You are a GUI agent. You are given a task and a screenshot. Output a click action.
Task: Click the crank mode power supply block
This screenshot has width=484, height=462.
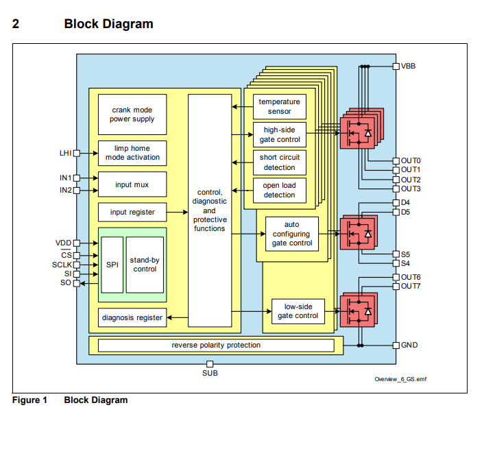coord(132,114)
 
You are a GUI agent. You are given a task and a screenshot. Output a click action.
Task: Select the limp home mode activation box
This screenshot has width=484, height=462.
coord(132,153)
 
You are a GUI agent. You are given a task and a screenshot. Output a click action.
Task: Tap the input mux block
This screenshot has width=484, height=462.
coord(132,184)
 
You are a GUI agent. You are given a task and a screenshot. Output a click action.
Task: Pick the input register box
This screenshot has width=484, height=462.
coord(132,212)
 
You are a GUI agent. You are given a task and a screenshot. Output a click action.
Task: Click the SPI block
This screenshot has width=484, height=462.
coord(112,265)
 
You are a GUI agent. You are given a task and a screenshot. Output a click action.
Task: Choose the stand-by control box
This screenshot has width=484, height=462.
coord(145,265)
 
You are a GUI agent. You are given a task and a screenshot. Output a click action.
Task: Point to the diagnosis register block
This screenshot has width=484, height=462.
coord(132,317)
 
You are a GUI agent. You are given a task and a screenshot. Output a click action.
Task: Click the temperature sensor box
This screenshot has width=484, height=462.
coord(279,107)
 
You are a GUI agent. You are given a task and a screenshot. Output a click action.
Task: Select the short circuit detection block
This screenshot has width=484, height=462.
coord(279,162)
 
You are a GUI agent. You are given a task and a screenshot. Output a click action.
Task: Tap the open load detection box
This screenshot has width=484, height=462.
coord(279,191)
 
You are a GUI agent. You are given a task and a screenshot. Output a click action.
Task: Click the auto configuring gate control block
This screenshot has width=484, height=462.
coord(291,234)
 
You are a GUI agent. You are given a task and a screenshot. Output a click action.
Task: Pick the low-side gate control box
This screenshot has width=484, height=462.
coord(297,311)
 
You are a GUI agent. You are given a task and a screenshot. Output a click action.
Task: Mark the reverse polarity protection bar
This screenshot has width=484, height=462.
coord(216,345)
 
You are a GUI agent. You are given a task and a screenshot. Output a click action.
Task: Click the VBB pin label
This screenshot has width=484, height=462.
coord(409,66)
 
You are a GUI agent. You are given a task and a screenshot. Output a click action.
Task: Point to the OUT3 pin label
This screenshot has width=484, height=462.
coord(411,189)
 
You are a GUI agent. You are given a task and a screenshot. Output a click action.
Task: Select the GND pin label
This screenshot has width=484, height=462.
coord(409,345)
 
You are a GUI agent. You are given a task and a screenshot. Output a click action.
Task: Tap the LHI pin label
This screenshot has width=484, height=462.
coord(66,153)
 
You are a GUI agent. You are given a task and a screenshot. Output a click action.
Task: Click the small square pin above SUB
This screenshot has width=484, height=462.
coord(210,364)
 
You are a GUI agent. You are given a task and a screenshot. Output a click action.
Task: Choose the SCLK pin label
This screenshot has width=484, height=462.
coord(61,265)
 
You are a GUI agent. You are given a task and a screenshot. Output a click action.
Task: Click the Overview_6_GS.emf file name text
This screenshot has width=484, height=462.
coord(400,379)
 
